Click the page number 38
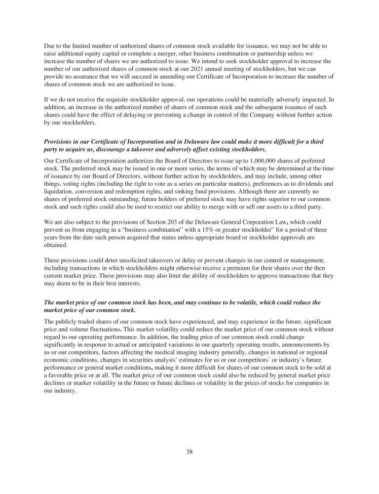[x=189, y=452]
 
